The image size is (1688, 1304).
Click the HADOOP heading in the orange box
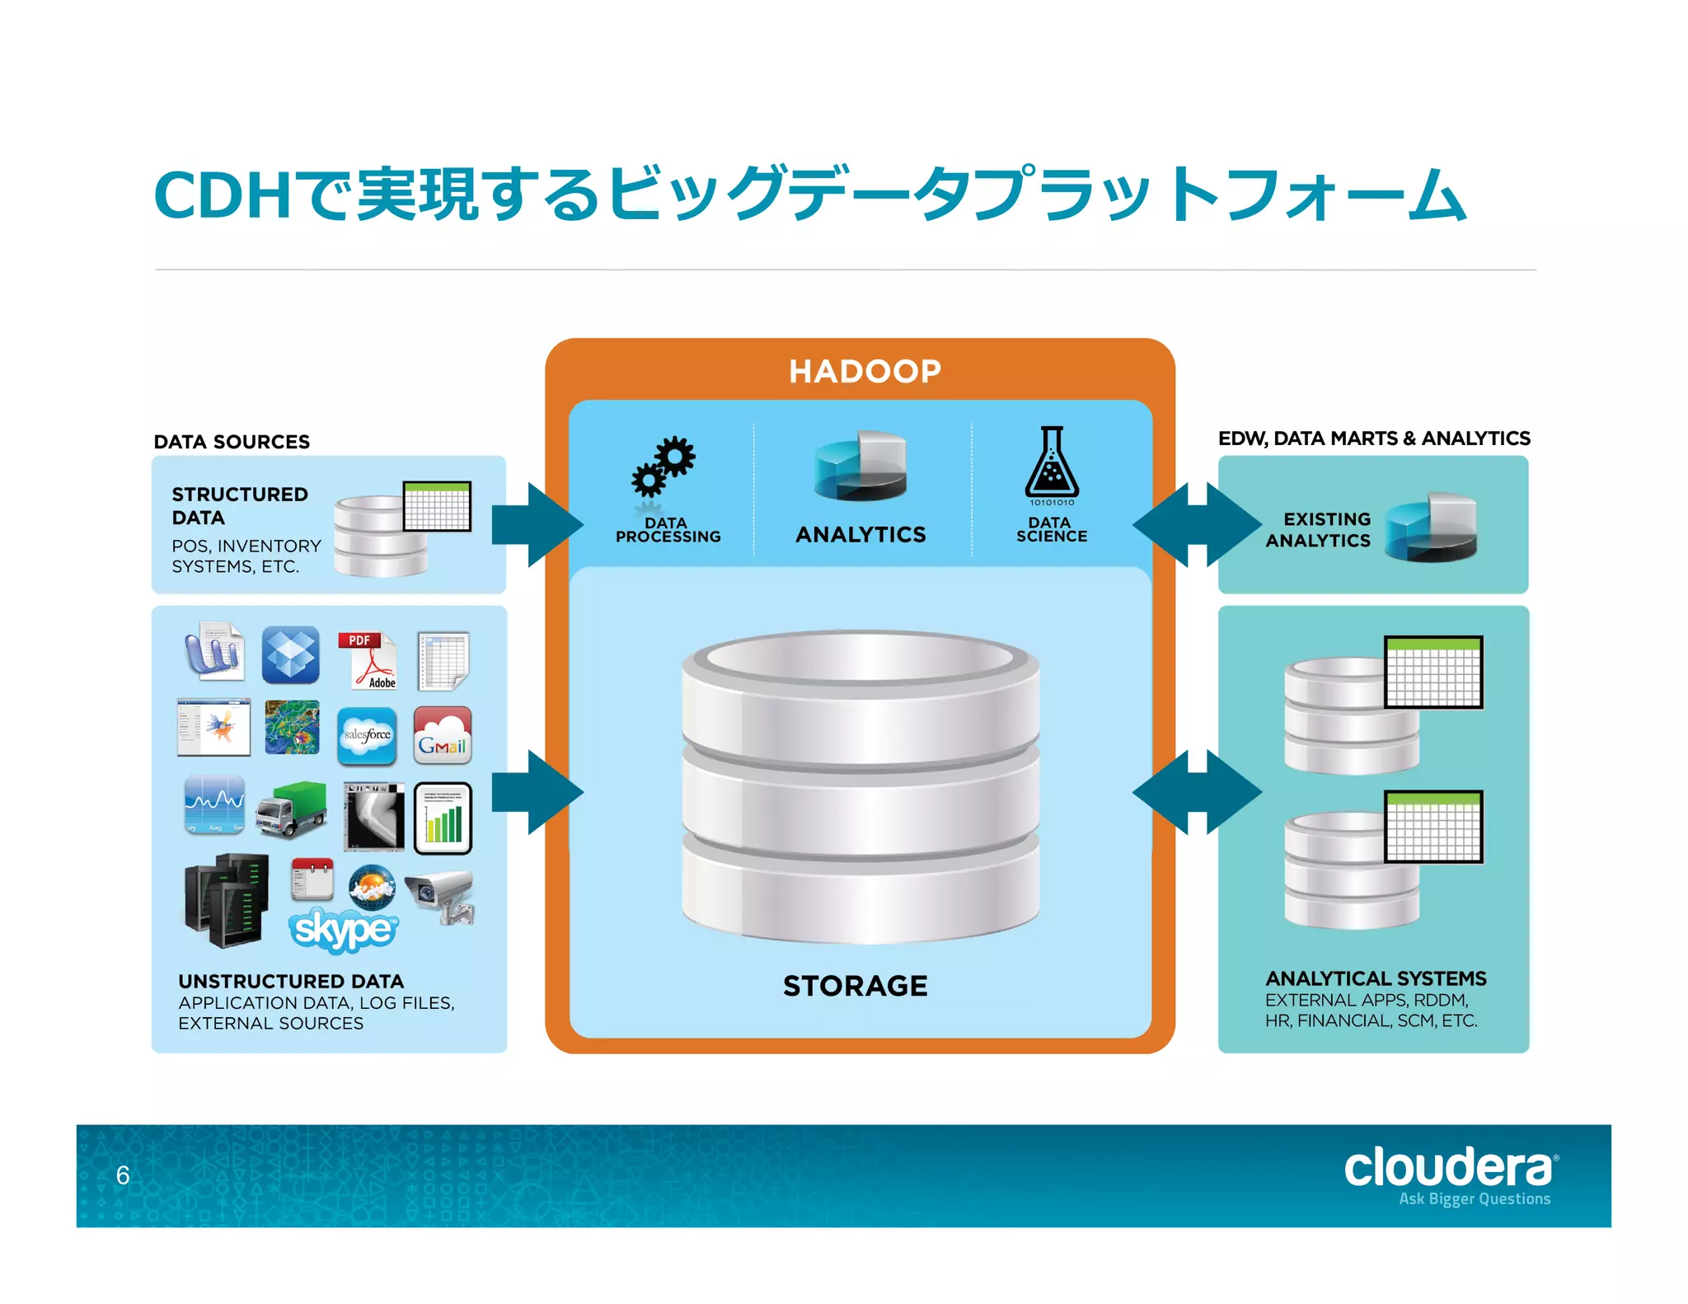(x=865, y=371)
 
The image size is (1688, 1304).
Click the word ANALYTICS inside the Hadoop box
(x=860, y=535)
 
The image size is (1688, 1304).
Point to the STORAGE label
(x=855, y=986)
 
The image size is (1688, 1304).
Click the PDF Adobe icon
(x=368, y=660)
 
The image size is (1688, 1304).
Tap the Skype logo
(x=343, y=931)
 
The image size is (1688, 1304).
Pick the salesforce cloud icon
(x=367, y=735)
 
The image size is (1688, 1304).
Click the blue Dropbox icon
(x=290, y=655)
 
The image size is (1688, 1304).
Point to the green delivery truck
(x=291, y=810)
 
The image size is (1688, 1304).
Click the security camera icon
(x=442, y=897)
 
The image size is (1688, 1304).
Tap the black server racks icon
(x=226, y=900)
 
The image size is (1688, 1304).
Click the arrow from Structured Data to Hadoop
(x=537, y=525)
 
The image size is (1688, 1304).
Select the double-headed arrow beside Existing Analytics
(x=1196, y=525)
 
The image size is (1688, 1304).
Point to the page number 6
(x=123, y=1175)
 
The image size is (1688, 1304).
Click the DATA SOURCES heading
(x=232, y=442)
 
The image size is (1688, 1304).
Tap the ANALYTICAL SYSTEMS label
(x=1376, y=978)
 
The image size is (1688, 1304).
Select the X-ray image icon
(x=374, y=816)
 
